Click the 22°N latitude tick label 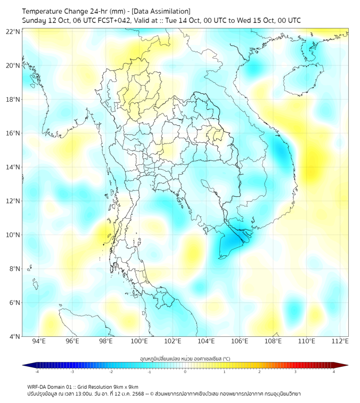[13, 31]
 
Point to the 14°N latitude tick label [13, 167]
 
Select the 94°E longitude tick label [39, 341]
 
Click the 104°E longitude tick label [206, 341]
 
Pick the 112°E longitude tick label [340, 341]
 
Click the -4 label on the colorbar [36, 372]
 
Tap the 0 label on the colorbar [185, 372]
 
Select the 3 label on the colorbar [295, 372]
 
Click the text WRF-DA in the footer [38, 386]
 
